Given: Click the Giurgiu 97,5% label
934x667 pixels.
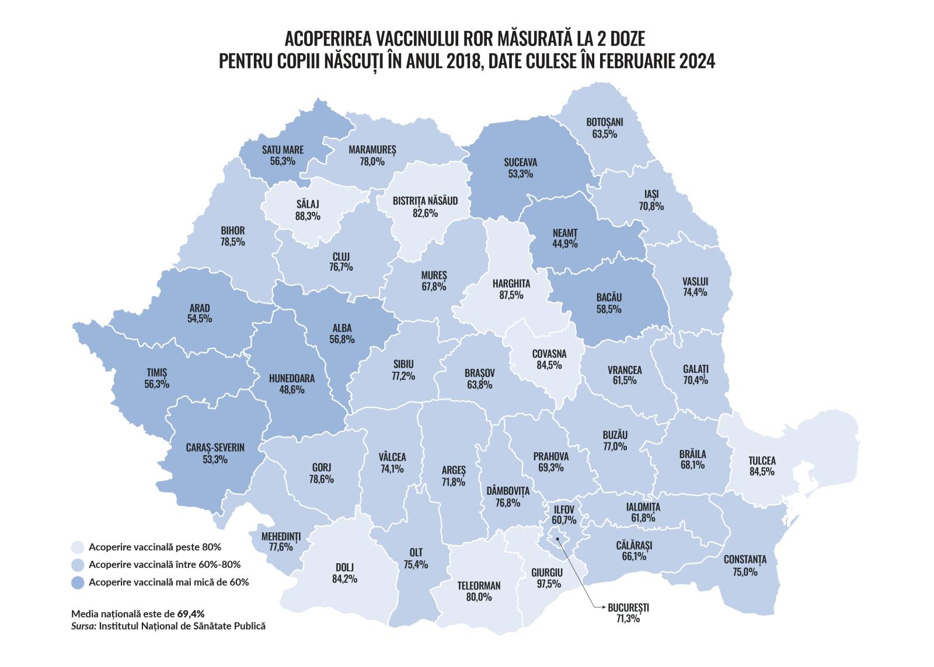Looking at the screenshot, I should (547, 578).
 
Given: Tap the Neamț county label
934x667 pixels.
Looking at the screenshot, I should (564, 238).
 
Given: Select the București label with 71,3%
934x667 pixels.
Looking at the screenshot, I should (628, 613).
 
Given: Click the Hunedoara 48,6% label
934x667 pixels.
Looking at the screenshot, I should (291, 384).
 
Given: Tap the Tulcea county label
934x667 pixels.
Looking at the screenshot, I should (762, 466).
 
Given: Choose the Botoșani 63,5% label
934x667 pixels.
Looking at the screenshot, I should (604, 128).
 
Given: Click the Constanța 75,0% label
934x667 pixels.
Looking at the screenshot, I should (745, 565).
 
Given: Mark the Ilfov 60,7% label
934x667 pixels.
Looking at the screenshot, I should (563, 515).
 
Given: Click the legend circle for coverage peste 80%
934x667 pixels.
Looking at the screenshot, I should (78, 547).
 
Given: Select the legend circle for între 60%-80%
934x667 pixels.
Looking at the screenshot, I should (78, 564).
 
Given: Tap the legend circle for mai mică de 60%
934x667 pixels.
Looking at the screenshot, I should (78, 582).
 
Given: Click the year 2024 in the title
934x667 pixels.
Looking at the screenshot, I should (696, 61).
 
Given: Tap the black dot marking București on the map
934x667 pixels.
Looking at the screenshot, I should (557, 539).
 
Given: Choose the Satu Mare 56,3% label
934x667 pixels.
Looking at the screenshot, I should (283, 155).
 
